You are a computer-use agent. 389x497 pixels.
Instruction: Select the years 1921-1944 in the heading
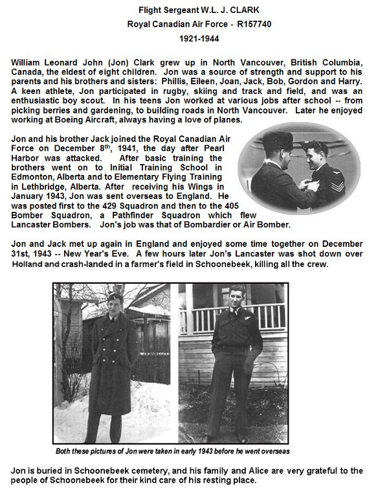(x=194, y=39)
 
